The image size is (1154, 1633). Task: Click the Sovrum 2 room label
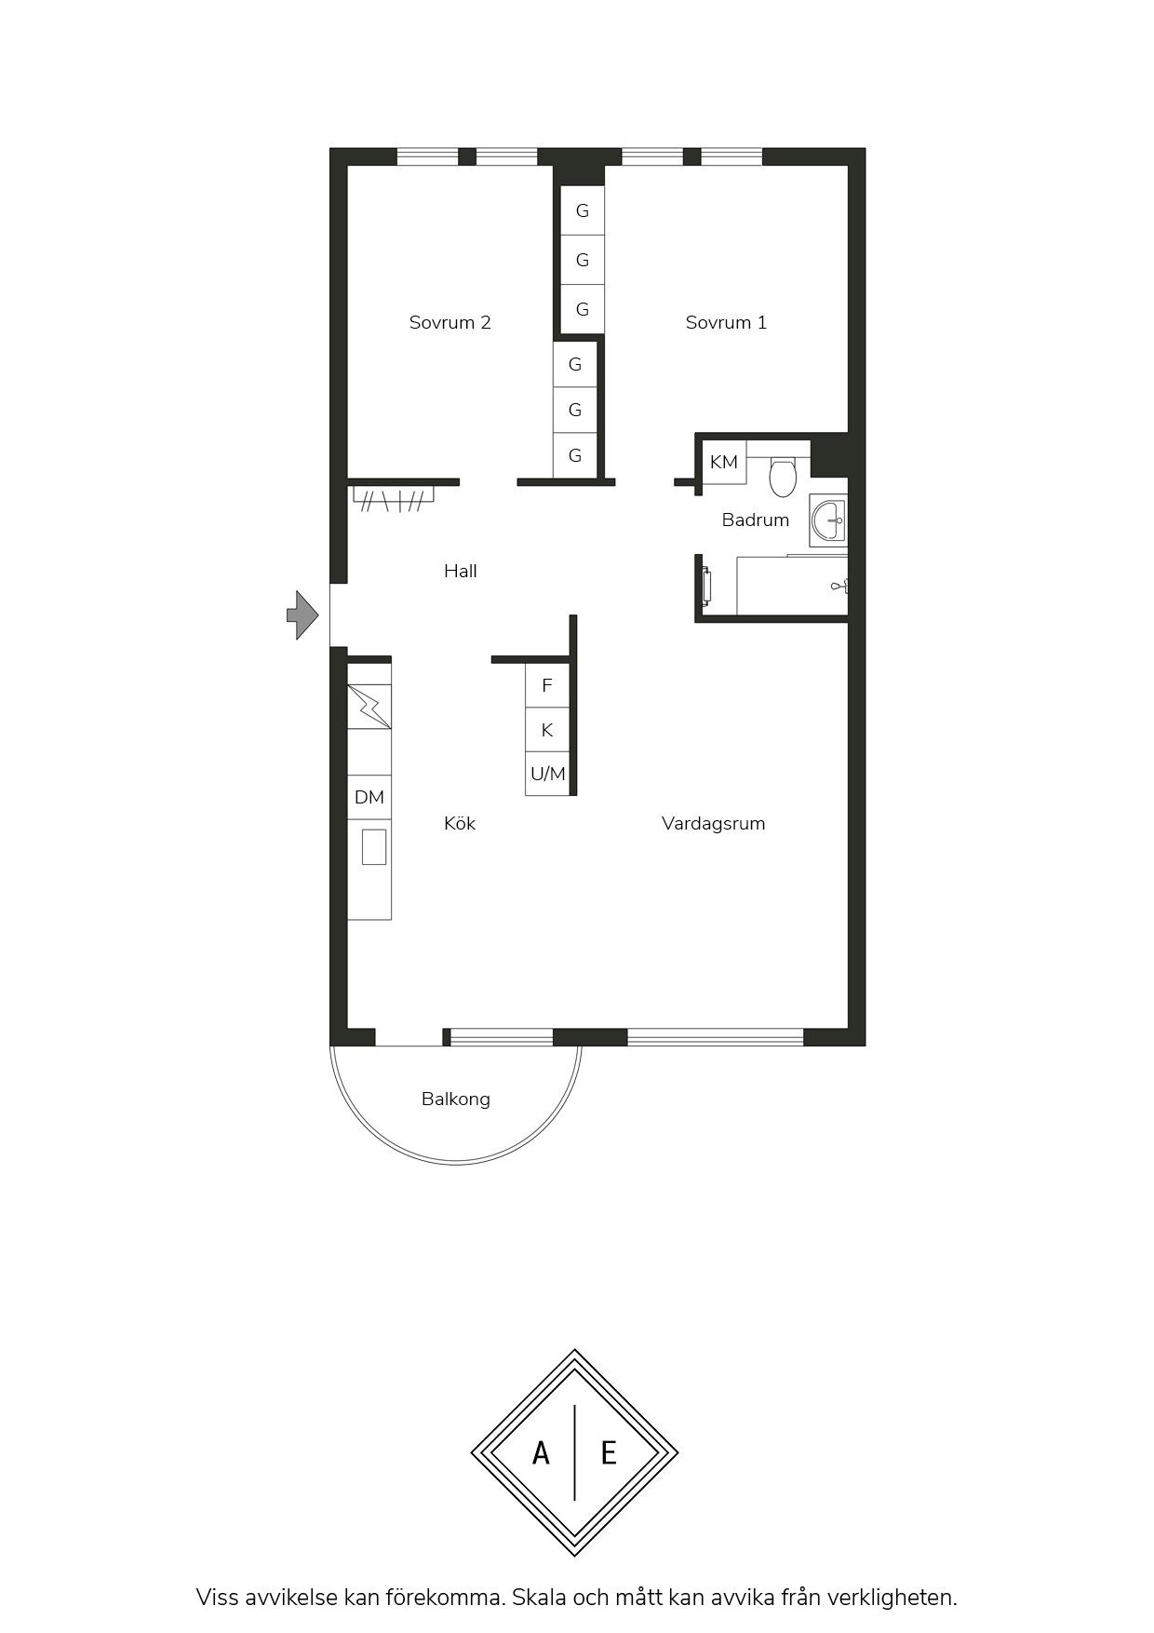click(x=450, y=322)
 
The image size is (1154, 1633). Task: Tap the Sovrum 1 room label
click(x=726, y=322)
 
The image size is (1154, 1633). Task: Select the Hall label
click(x=460, y=571)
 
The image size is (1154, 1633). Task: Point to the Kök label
click(x=460, y=823)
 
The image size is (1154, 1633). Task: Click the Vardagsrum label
click(x=713, y=824)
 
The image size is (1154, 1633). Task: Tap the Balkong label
click(x=455, y=1100)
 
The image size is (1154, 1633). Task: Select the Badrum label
click(x=755, y=520)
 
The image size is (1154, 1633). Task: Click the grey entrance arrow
click(x=302, y=615)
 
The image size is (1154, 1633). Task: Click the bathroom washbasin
click(x=827, y=520)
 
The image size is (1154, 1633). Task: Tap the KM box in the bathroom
click(x=724, y=463)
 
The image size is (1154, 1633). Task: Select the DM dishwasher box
click(x=369, y=798)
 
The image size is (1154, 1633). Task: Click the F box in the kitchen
click(x=547, y=685)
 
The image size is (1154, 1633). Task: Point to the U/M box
click(x=547, y=774)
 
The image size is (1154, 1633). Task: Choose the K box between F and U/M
click(x=547, y=730)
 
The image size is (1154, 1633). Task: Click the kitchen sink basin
click(x=374, y=846)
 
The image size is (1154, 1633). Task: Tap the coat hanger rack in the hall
click(x=394, y=499)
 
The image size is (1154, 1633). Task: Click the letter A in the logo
click(x=541, y=1452)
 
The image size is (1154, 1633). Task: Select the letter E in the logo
click(x=609, y=1452)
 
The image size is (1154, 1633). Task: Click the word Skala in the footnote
click(x=539, y=1598)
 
